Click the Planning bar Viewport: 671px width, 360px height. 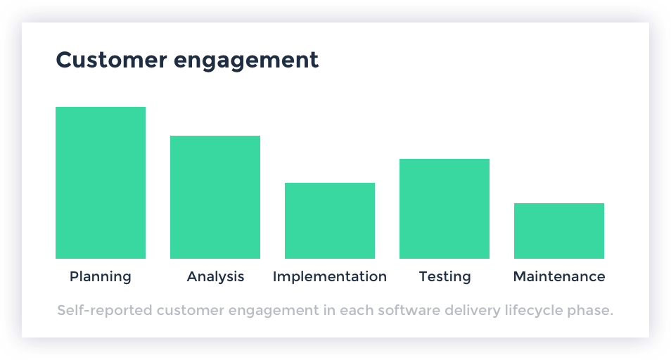click(x=101, y=183)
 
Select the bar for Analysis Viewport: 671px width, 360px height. click(x=215, y=197)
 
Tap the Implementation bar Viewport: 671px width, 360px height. click(x=330, y=221)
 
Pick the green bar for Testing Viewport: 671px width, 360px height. click(x=445, y=209)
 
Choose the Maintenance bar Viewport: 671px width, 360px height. click(x=559, y=231)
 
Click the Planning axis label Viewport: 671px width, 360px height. click(x=101, y=277)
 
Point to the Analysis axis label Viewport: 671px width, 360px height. click(x=215, y=277)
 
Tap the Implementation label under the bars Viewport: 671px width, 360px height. click(x=330, y=277)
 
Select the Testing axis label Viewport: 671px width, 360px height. click(x=445, y=277)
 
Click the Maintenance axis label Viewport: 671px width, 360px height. click(x=559, y=276)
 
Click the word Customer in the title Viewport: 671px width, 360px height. click(x=111, y=60)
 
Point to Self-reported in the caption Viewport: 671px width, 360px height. click(x=105, y=310)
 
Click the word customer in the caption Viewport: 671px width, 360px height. click(x=191, y=310)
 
